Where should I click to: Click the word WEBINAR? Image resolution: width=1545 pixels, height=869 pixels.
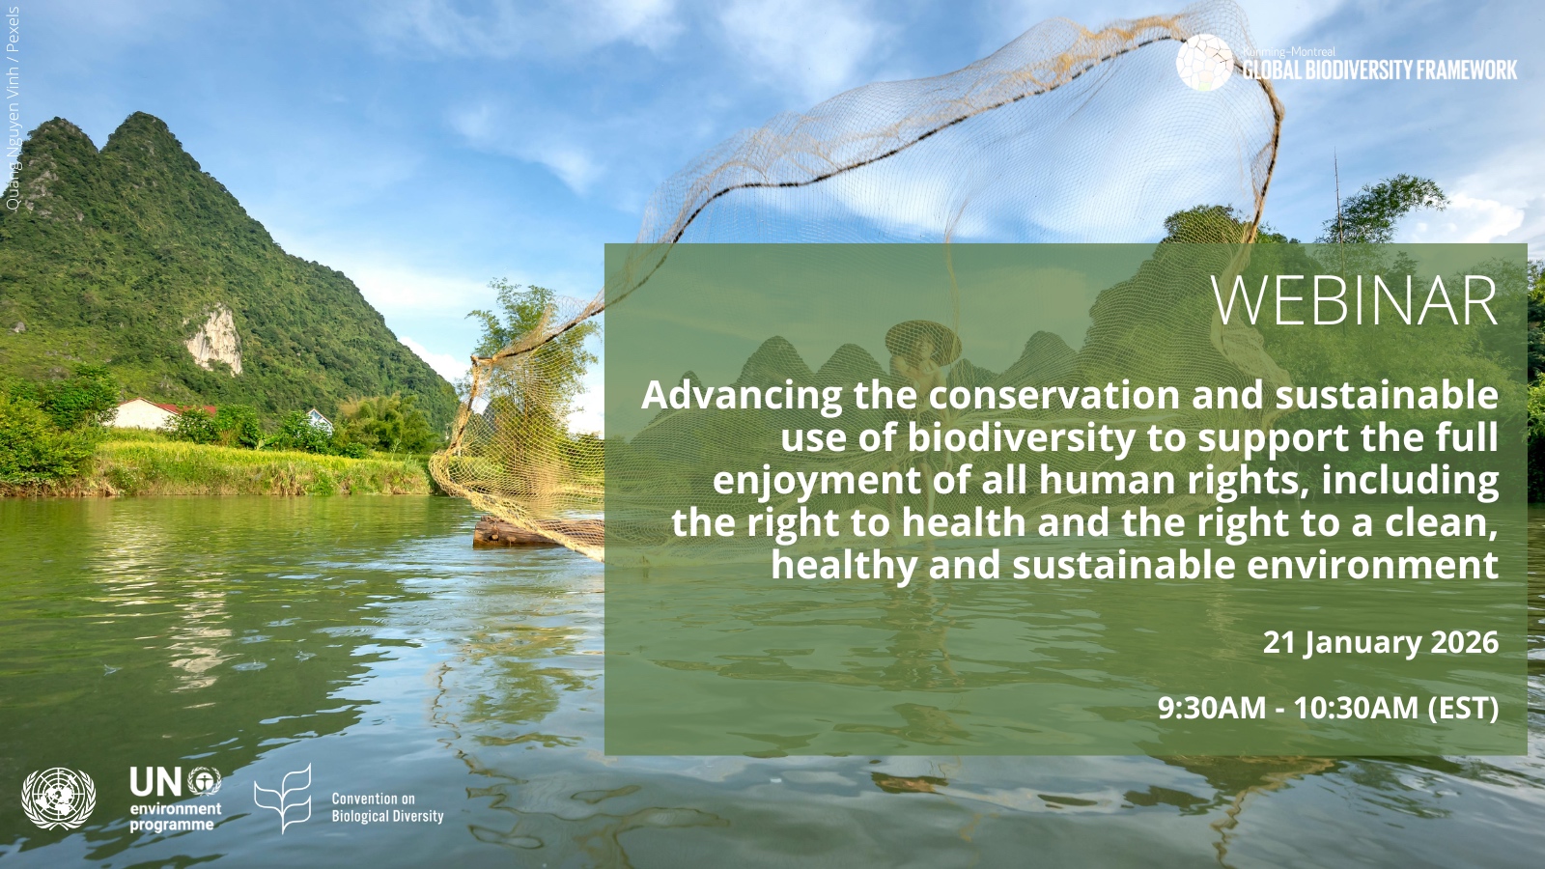1355,302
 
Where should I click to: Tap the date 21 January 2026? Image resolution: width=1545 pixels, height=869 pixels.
1381,643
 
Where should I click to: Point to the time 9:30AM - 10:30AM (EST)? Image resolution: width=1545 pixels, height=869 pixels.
1329,709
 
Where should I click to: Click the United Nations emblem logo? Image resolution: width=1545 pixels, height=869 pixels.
59,799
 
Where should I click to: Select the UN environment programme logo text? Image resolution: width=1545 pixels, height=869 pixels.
175,799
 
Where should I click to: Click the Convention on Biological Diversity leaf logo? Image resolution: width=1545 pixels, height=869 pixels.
283,798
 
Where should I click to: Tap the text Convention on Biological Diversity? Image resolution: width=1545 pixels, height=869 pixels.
387,807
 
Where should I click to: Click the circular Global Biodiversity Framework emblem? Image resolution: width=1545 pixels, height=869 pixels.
1204,63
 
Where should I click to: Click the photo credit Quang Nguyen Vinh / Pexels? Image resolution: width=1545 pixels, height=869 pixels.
13,108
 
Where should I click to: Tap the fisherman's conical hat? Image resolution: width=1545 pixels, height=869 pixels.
923,342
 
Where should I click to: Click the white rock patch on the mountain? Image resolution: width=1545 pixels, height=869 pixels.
214,341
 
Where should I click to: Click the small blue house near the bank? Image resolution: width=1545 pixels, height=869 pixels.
319,419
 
